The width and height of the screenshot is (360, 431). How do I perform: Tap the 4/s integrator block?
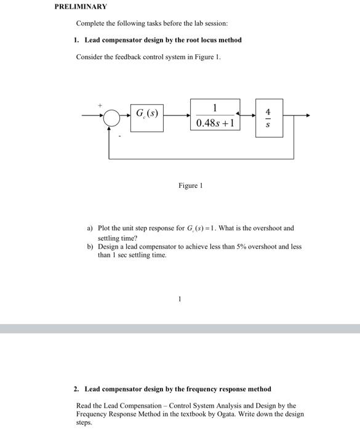[267, 115]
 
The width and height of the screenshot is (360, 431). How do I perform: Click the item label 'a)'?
[90, 228]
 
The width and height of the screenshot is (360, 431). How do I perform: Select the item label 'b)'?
[90, 246]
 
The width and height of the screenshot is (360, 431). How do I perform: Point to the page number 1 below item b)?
[180, 300]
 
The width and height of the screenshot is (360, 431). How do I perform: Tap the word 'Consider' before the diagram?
[89, 57]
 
